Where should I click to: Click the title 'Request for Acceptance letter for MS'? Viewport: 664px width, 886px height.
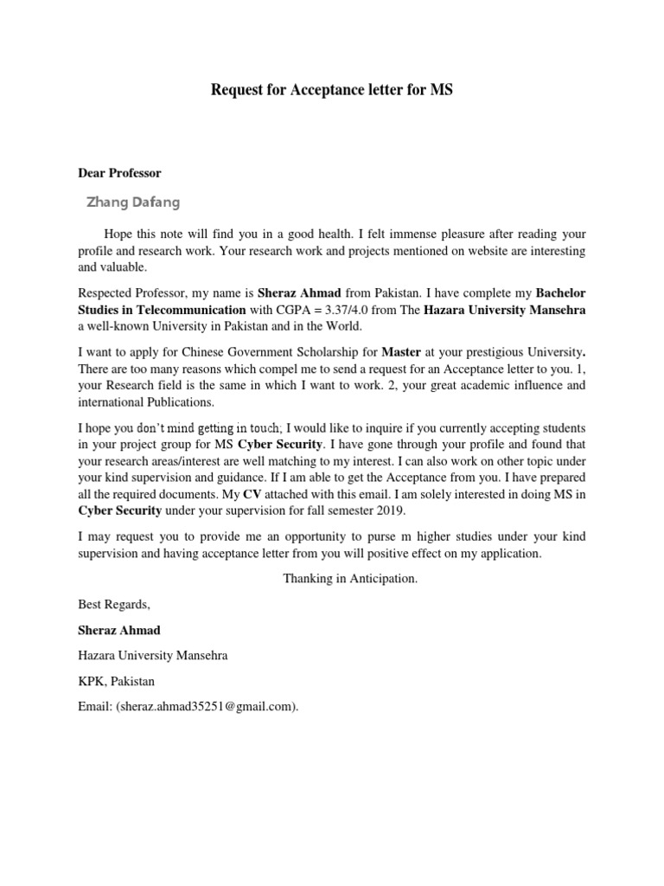click(332, 90)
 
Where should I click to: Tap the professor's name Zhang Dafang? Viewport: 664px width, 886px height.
click(134, 202)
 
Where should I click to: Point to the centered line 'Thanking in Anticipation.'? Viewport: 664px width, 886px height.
click(350, 578)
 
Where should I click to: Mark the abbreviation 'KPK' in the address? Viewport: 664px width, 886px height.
click(92, 681)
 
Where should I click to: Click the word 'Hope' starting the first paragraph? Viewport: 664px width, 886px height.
click(118, 234)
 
